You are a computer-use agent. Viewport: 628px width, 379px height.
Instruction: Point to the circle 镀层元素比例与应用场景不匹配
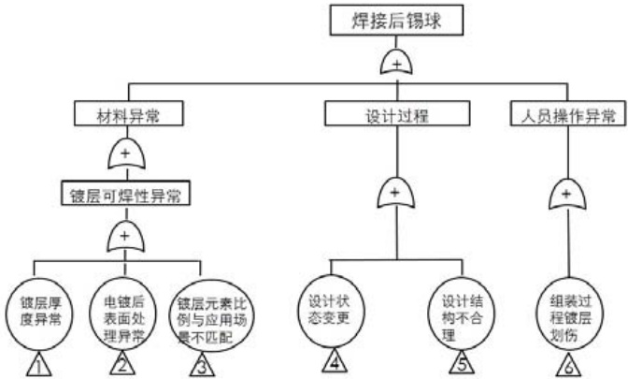215,312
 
